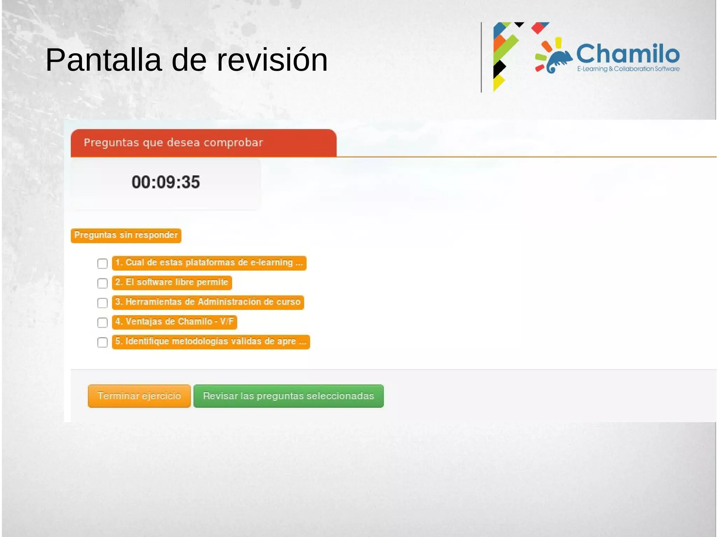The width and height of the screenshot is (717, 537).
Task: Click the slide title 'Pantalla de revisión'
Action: coord(186,60)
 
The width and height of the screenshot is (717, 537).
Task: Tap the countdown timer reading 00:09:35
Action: coord(166,182)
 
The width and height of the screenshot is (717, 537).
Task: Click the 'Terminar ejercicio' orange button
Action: coord(139,396)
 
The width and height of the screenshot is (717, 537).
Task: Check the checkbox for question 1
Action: coord(102,263)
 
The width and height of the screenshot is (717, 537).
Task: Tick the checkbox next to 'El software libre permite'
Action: coord(102,283)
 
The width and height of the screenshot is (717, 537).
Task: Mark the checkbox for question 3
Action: coord(102,303)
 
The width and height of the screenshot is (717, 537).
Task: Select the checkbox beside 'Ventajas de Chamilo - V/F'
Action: coord(102,323)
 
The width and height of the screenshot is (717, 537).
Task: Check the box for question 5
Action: coord(102,342)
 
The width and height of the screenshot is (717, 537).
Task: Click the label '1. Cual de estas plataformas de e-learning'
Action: coord(209,263)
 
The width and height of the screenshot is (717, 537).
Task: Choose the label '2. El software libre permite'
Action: coord(172,282)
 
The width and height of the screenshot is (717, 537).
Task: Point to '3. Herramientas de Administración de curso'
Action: coord(208,302)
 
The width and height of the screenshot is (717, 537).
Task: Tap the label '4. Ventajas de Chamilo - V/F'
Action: coord(174,322)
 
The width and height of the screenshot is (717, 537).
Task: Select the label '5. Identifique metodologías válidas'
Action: coord(211,341)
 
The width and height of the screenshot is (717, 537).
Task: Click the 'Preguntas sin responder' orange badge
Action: coord(126,235)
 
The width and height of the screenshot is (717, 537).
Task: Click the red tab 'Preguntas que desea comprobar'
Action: coord(203,143)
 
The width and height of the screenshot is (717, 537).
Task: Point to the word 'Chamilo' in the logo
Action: coord(628,54)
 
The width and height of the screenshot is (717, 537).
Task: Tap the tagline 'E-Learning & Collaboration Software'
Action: coord(628,69)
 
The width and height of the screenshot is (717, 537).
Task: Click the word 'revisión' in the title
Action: coord(272,60)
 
